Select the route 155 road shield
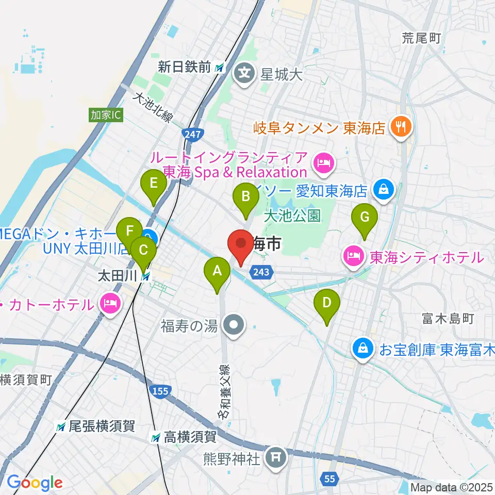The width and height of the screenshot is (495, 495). pyautogui.click(x=160, y=391)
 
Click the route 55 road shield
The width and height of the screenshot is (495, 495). pyautogui.click(x=330, y=479)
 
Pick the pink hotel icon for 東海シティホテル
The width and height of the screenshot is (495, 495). pyautogui.click(x=353, y=256)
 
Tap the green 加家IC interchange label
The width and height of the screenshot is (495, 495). pyautogui.click(x=105, y=114)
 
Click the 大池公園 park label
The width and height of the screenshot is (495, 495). pyautogui.click(x=292, y=215)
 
